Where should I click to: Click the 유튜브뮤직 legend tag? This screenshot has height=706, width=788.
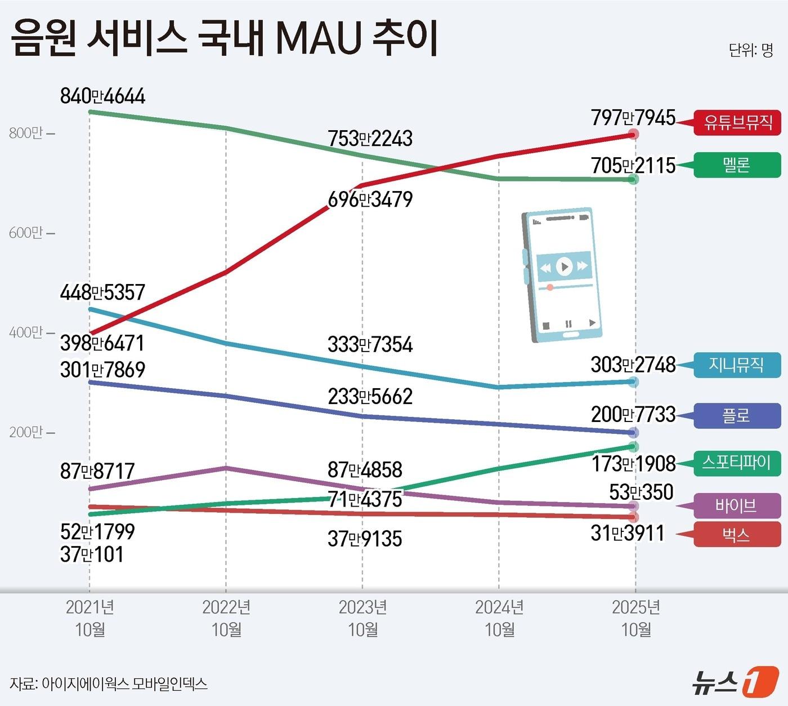pyautogui.click(x=737, y=122)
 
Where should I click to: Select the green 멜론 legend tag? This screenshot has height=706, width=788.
pyautogui.click(x=737, y=165)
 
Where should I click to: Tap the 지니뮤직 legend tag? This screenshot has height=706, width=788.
pyautogui.click(x=737, y=365)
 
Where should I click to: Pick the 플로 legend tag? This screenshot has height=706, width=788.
pyautogui.click(x=737, y=416)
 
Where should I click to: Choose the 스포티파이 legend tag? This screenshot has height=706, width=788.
pyautogui.click(x=737, y=463)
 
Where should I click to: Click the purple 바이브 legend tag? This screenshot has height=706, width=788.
pyautogui.click(x=737, y=505)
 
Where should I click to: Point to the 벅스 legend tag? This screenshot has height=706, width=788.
pyautogui.click(x=737, y=534)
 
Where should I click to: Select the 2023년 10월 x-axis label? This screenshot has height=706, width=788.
pyautogui.click(x=363, y=618)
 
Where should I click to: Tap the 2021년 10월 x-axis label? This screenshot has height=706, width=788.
pyautogui.click(x=90, y=618)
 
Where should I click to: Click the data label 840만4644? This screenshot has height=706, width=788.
pyautogui.click(x=102, y=96)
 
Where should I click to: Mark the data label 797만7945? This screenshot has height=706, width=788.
pyautogui.click(x=633, y=118)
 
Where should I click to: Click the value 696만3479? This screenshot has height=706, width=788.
pyautogui.click(x=370, y=199)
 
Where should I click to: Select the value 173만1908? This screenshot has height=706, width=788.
pyautogui.click(x=633, y=464)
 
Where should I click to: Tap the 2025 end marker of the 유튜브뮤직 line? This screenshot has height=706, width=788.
pyautogui.click(x=634, y=134)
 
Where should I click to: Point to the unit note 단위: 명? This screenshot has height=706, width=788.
pyautogui.click(x=751, y=50)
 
